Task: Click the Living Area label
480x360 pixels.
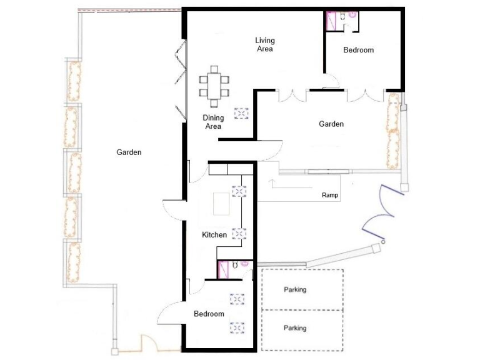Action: click(x=264, y=44)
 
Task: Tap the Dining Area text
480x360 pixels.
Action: click(x=213, y=122)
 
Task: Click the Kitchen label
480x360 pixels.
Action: click(x=214, y=235)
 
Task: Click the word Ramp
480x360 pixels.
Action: click(x=330, y=195)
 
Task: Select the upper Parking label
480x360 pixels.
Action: click(x=295, y=290)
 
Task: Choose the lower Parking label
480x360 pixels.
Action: click(x=295, y=328)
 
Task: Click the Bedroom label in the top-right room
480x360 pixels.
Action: click(x=359, y=50)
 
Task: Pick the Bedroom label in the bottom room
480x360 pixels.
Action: click(x=209, y=314)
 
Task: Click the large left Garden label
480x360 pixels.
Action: click(x=129, y=152)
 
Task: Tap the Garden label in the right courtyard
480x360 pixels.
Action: click(x=331, y=124)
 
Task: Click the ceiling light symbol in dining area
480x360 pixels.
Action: click(x=241, y=113)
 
